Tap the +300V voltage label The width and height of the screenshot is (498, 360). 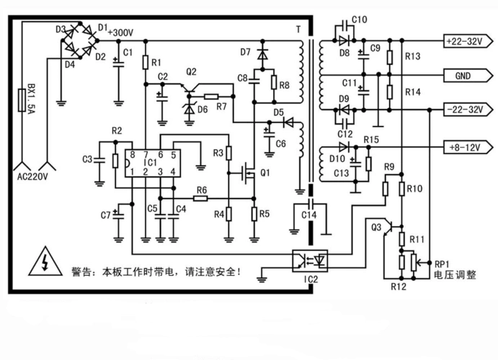120,32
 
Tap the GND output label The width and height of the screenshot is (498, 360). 463,75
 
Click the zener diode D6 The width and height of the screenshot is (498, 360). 190,108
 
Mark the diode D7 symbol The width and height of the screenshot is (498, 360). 262,53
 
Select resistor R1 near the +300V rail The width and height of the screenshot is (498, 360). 146,63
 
